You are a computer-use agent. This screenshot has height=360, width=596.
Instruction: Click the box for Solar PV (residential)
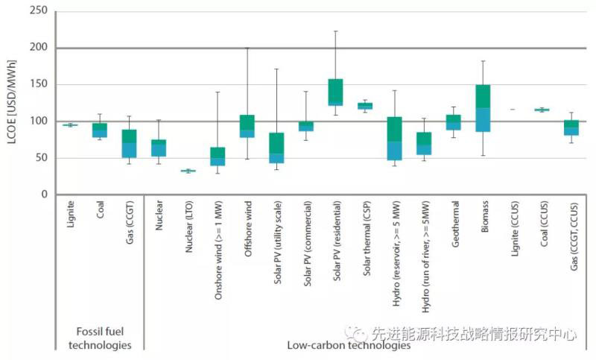(335, 92)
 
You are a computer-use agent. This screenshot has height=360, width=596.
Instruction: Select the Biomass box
(483, 108)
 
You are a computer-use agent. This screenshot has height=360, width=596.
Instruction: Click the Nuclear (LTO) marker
(188, 171)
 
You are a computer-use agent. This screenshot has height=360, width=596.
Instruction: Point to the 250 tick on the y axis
(39, 12)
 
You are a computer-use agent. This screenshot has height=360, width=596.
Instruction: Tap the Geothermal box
(454, 122)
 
